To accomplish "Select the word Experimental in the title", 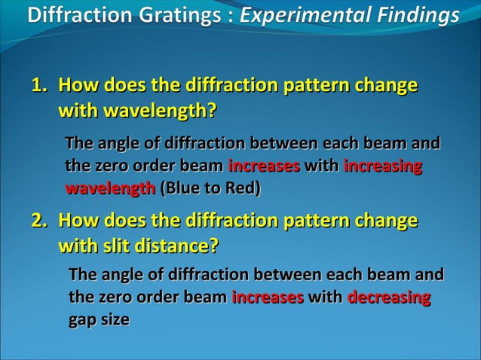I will pos(304,15).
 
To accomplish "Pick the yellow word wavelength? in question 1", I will pos(160,111).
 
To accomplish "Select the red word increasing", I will pos(382,166).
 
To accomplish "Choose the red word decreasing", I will pos(389,297).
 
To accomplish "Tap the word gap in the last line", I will pos(83,320).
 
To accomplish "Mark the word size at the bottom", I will pos(115,320).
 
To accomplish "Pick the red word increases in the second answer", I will pos(268,297).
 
